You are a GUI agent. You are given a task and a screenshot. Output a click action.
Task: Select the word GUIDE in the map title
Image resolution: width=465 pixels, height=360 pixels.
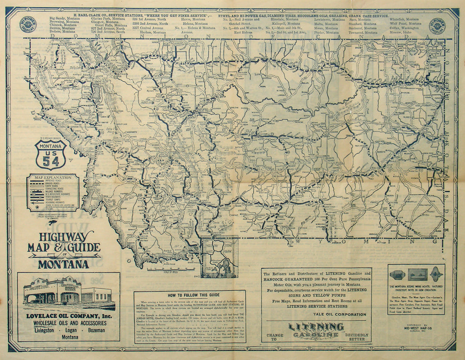coord(84,248)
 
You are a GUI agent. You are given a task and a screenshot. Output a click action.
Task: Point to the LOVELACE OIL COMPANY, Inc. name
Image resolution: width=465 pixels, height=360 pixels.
coord(68,316)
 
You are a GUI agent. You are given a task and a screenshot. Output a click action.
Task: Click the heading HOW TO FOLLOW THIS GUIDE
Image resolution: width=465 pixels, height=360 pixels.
coord(189,295)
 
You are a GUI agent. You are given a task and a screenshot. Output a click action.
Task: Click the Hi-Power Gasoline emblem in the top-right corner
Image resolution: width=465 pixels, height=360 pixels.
coord(437,25)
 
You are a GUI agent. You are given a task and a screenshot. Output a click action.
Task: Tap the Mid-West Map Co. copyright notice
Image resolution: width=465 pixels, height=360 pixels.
coord(416,328)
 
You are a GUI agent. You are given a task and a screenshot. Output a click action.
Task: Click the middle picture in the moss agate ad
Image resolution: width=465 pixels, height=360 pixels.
coord(417,274)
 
